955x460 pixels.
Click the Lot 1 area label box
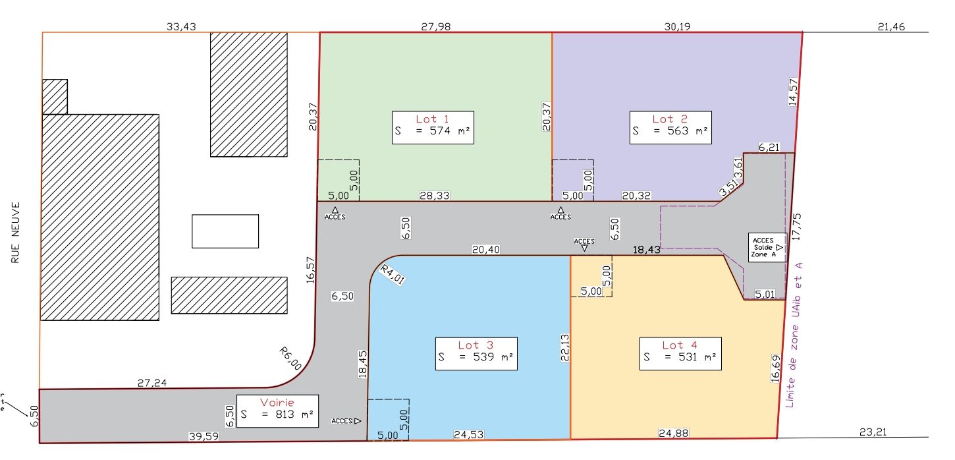point(433,128)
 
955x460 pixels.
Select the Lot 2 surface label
point(670,128)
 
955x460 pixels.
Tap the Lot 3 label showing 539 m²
point(476,354)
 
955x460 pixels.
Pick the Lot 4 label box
point(680,354)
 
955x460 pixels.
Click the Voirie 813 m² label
point(277,411)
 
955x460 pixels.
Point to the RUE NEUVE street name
point(15,233)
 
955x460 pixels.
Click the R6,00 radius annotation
point(290,359)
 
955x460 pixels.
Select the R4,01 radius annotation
point(393,275)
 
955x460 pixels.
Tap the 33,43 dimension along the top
point(181,27)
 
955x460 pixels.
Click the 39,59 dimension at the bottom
point(204,436)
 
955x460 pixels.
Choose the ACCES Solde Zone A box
point(767,248)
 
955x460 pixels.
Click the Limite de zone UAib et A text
point(794,335)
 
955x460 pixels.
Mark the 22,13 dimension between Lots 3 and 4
point(565,348)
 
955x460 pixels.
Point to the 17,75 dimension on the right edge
point(797,227)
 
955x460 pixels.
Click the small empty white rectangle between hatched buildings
point(225,231)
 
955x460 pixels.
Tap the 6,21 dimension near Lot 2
point(769,147)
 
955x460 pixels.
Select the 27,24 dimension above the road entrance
point(152,383)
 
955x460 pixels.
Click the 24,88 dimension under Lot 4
point(674,433)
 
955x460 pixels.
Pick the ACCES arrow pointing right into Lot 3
point(346,420)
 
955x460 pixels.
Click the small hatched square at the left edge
point(55,97)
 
